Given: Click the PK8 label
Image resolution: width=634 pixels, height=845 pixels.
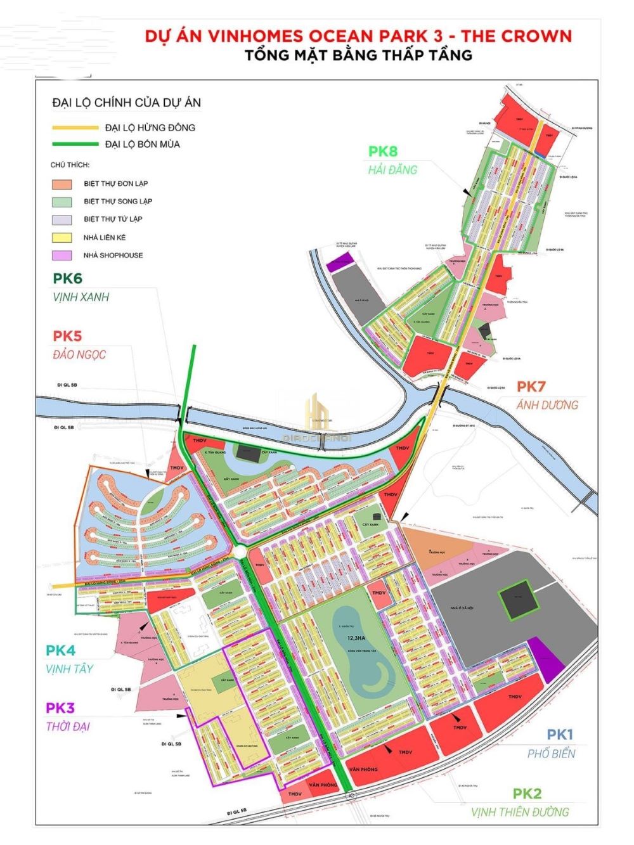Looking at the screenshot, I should tap(383, 151).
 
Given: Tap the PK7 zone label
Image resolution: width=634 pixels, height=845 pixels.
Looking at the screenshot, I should tap(531, 386).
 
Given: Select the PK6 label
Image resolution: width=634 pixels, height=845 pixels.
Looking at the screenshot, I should tap(68, 278).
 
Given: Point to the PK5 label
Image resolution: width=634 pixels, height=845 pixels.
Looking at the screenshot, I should tap(67, 336).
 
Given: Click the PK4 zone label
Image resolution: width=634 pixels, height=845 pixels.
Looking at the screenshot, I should tap(61, 650).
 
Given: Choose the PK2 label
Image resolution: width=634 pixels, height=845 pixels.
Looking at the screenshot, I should tap(527, 794).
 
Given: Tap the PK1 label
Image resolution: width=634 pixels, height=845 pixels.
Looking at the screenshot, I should tap(560, 735).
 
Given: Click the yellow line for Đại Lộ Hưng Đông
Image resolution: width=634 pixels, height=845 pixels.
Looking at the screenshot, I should tap(75, 127).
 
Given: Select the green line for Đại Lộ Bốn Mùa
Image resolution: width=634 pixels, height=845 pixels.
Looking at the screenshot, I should tap(75, 144).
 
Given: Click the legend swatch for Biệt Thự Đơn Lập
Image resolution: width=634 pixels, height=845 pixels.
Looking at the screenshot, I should tap(61, 184).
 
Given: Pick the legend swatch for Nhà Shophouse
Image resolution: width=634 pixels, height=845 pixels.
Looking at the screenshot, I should tap(61, 255).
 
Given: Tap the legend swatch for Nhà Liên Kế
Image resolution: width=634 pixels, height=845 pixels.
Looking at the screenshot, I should tap(61, 238).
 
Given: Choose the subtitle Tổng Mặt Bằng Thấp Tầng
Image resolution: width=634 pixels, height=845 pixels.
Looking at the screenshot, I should tap(359, 55).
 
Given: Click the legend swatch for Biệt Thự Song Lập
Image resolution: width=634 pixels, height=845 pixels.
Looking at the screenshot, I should tap(61, 202).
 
